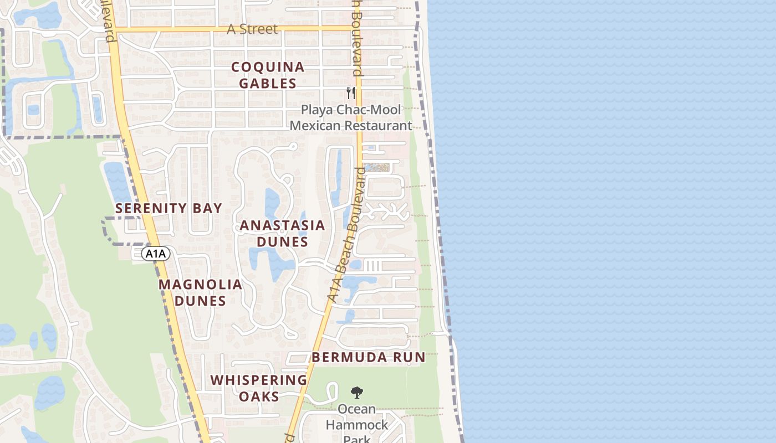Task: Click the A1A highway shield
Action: [x=156, y=254]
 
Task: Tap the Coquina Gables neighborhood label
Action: [x=268, y=75]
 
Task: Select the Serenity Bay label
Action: [x=169, y=208]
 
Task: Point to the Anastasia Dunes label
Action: [x=282, y=234]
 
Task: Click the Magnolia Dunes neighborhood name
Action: [x=200, y=292]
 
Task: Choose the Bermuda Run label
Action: [x=368, y=357]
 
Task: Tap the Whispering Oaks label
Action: [x=259, y=388]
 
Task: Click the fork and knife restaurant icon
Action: [x=350, y=92]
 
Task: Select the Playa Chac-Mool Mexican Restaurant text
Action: [x=351, y=117]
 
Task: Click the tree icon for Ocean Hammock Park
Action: [x=358, y=393]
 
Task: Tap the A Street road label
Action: [x=252, y=29]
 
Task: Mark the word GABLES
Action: [x=268, y=84]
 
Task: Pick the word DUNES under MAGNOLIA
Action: [x=200, y=301]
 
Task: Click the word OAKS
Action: [x=259, y=396]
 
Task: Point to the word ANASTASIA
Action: [x=282, y=225]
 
